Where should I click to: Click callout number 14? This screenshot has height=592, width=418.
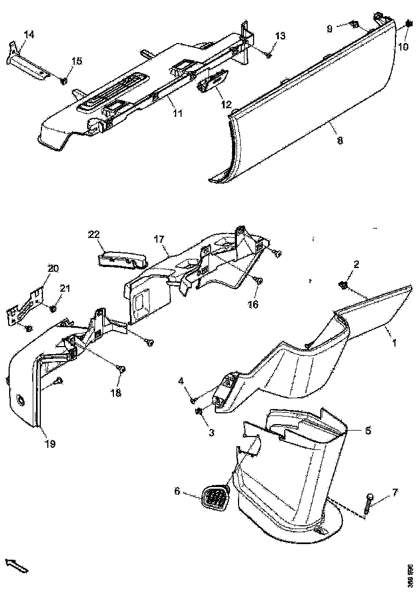pyautogui.click(x=29, y=34)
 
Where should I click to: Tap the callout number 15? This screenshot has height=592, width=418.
pyautogui.click(x=77, y=61)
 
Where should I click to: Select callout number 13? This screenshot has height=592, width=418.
pyautogui.click(x=280, y=36)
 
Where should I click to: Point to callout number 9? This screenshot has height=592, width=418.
pyautogui.click(x=330, y=29)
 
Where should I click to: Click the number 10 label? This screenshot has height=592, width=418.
pyautogui.click(x=403, y=47)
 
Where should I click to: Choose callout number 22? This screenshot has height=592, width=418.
pyautogui.click(x=94, y=234)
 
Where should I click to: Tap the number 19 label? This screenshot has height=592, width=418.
pyautogui.click(x=51, y=444)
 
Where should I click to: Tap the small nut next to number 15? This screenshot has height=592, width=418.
pyautogui.click(x=63, y=81)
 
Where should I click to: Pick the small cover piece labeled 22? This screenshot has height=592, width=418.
pyautogui.click(x=122, y=260)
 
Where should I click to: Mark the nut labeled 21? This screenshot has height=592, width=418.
pyautogui.click(x=53, y=309)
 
